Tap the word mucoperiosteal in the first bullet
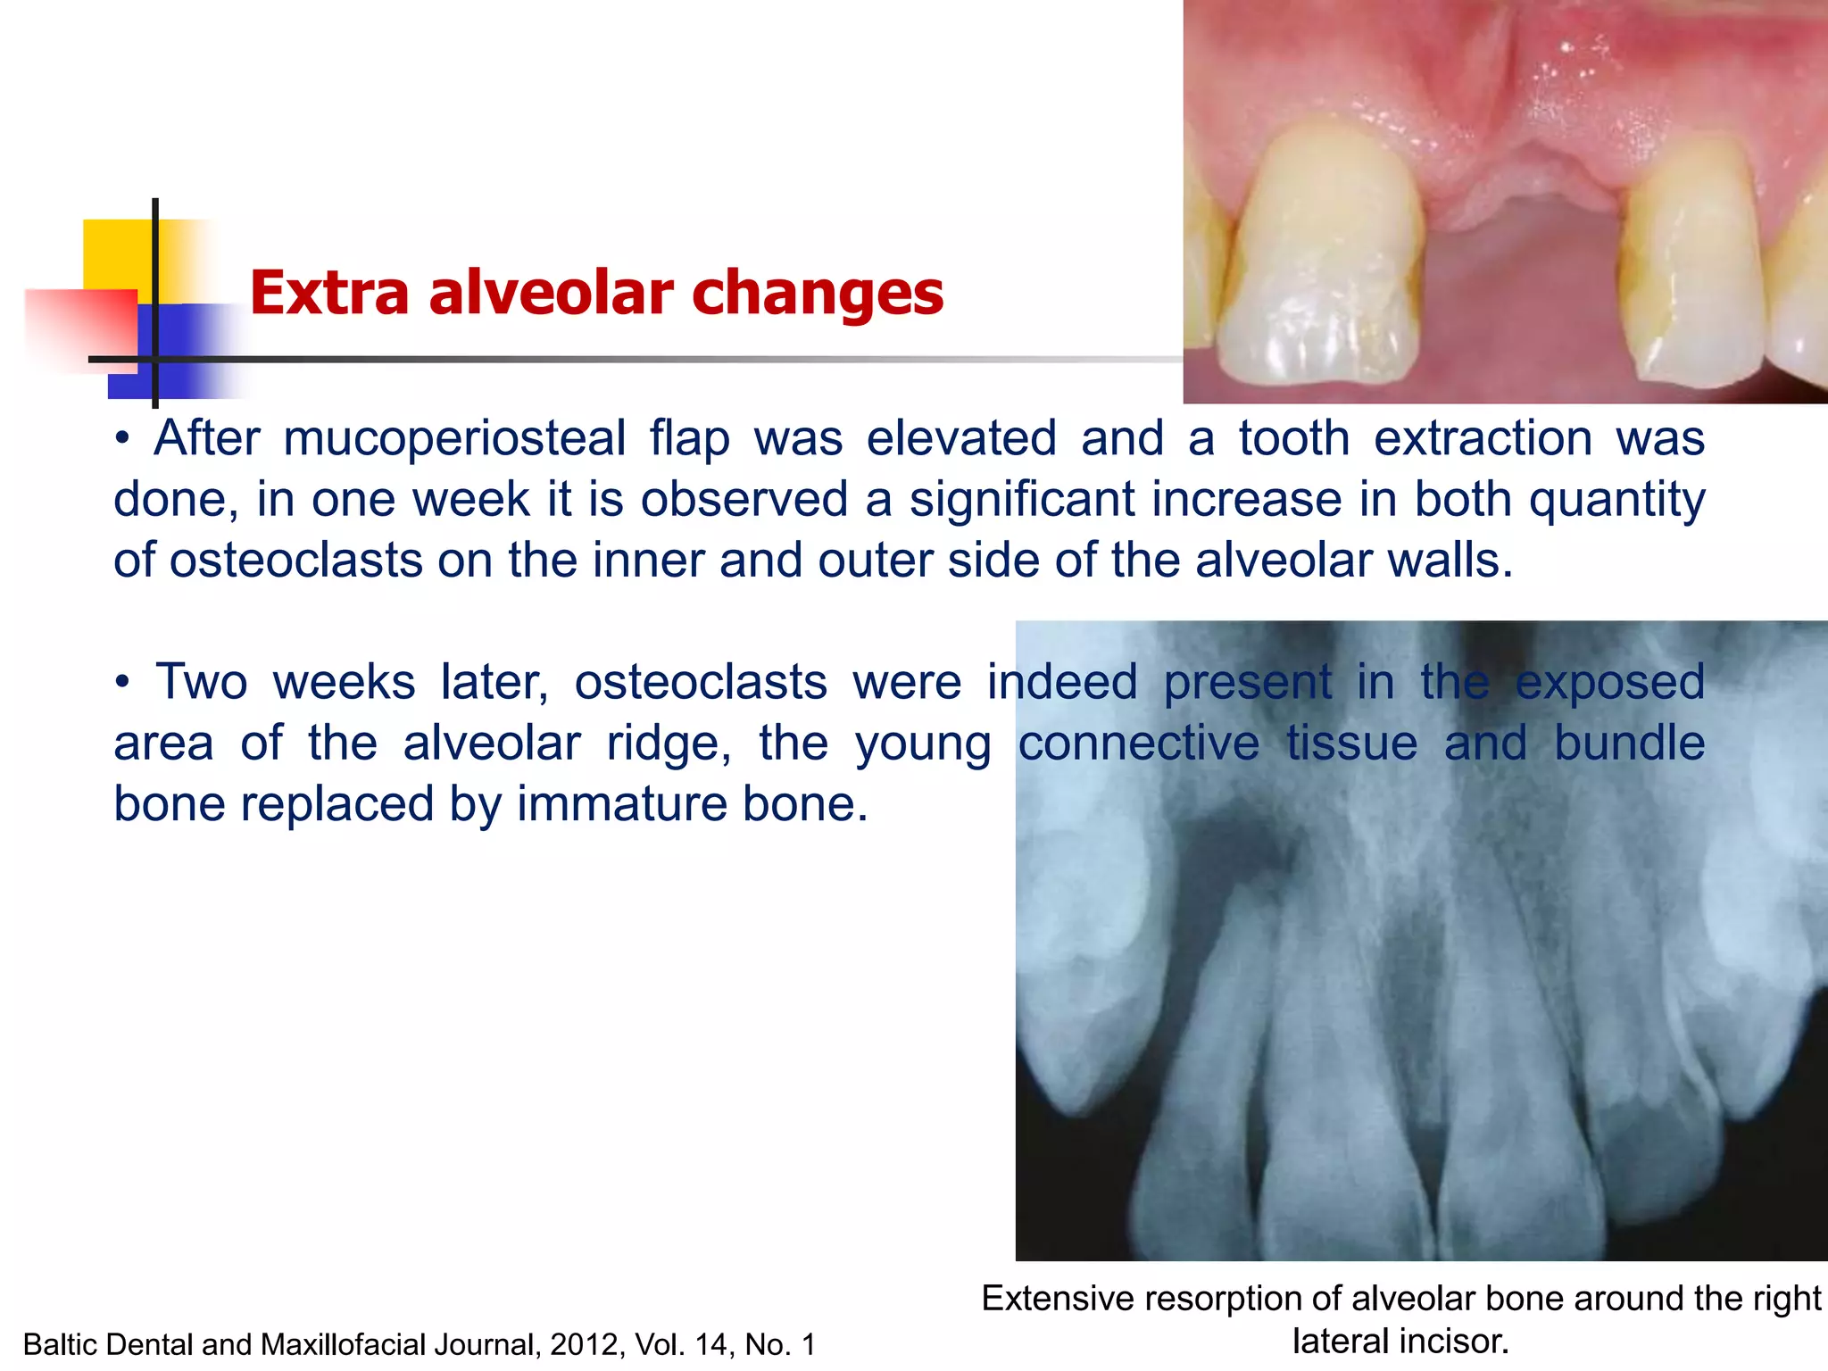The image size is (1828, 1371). [454, 439]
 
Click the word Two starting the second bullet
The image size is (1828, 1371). [201, 683]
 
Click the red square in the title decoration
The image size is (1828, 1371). [80, 327]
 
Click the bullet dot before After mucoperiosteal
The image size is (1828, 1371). [123, 439]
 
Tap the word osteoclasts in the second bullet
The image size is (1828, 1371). [700, 683]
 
